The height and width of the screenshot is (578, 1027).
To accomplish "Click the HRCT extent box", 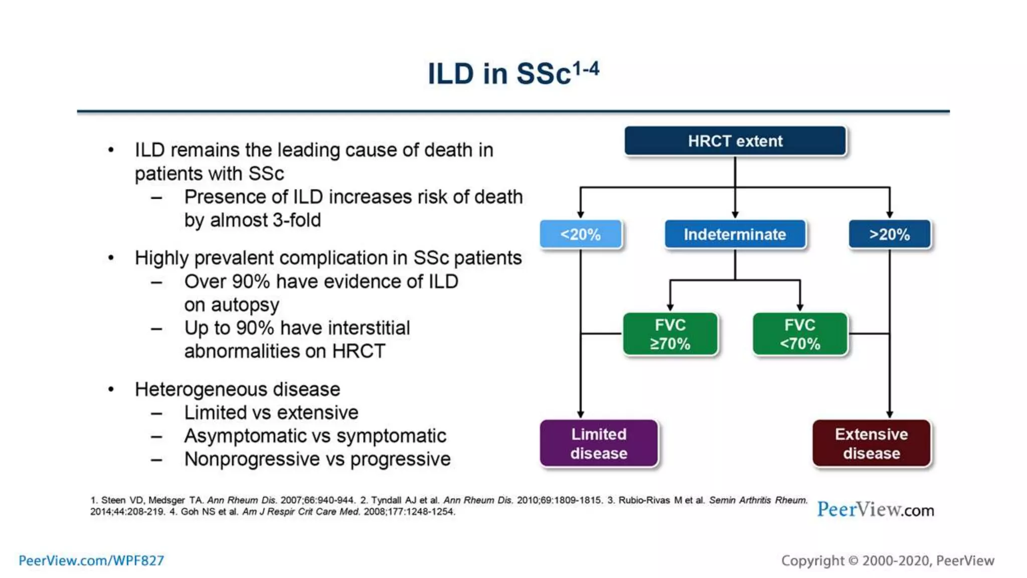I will (x=735, y=141).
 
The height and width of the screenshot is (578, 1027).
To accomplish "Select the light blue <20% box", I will (x=581, y=234).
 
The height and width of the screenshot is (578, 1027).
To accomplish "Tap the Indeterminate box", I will (x=735, y=234).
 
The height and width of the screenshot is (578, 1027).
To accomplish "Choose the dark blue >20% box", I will (x=890, y=234).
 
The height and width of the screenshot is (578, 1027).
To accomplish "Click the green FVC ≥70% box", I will (x=670, y=334).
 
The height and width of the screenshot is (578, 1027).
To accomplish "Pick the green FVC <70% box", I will (x=800, y=334).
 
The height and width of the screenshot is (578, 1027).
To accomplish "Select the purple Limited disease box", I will (x=599, y=444).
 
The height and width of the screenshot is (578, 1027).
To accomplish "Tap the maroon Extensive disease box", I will (x=872, y=444).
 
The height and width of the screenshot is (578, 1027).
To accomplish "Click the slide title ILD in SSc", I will (x=512, y=73).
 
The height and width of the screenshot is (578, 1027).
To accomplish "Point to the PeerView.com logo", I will (x=876, y=510).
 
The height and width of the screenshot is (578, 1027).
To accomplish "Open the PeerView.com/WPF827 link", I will (x=91, y=560).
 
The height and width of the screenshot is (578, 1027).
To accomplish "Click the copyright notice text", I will (x=888, y=560).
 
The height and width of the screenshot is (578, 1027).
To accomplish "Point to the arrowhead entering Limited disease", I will (x=581, y=414).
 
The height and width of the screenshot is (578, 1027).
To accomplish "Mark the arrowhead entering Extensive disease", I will (x=890, y=414).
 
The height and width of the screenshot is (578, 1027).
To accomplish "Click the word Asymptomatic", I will (x=244, y=436).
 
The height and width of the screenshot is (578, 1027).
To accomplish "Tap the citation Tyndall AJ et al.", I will (x=405, y=500).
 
